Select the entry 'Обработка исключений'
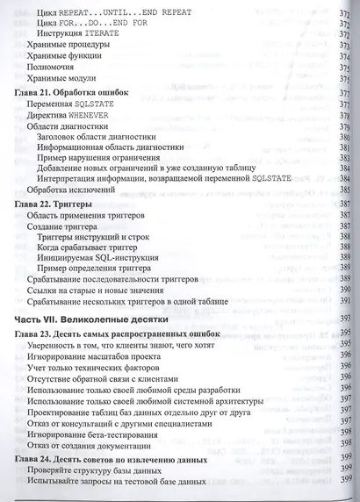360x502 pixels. tap(74, 189)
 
